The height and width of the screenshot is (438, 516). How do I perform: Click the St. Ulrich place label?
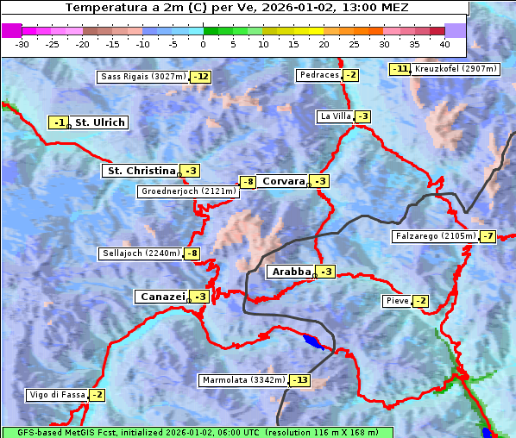99,122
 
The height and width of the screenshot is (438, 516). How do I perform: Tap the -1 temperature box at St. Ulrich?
58,123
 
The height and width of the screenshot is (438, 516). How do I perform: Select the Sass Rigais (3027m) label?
143,77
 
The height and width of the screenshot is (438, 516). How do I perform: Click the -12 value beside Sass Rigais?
201,77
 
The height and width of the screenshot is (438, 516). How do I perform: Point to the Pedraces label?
318,75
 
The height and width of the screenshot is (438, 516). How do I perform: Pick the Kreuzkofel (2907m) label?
456,69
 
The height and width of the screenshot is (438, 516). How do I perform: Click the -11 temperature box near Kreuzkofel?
400,69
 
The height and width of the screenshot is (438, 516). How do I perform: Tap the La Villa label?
335,116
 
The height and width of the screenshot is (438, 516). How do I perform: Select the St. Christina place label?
140,171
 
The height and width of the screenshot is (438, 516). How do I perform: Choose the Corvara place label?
283,181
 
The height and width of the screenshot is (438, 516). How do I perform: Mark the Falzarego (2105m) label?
434,235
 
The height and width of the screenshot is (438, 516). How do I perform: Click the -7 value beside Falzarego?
488,235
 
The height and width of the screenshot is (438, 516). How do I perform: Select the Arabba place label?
291,272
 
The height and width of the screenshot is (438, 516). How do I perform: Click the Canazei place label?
161,297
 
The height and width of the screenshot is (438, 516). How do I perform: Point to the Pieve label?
397,301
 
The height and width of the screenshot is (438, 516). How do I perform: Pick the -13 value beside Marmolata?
299,380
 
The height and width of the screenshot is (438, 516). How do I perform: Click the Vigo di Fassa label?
58,395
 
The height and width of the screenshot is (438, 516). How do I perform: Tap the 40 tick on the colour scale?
444,44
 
